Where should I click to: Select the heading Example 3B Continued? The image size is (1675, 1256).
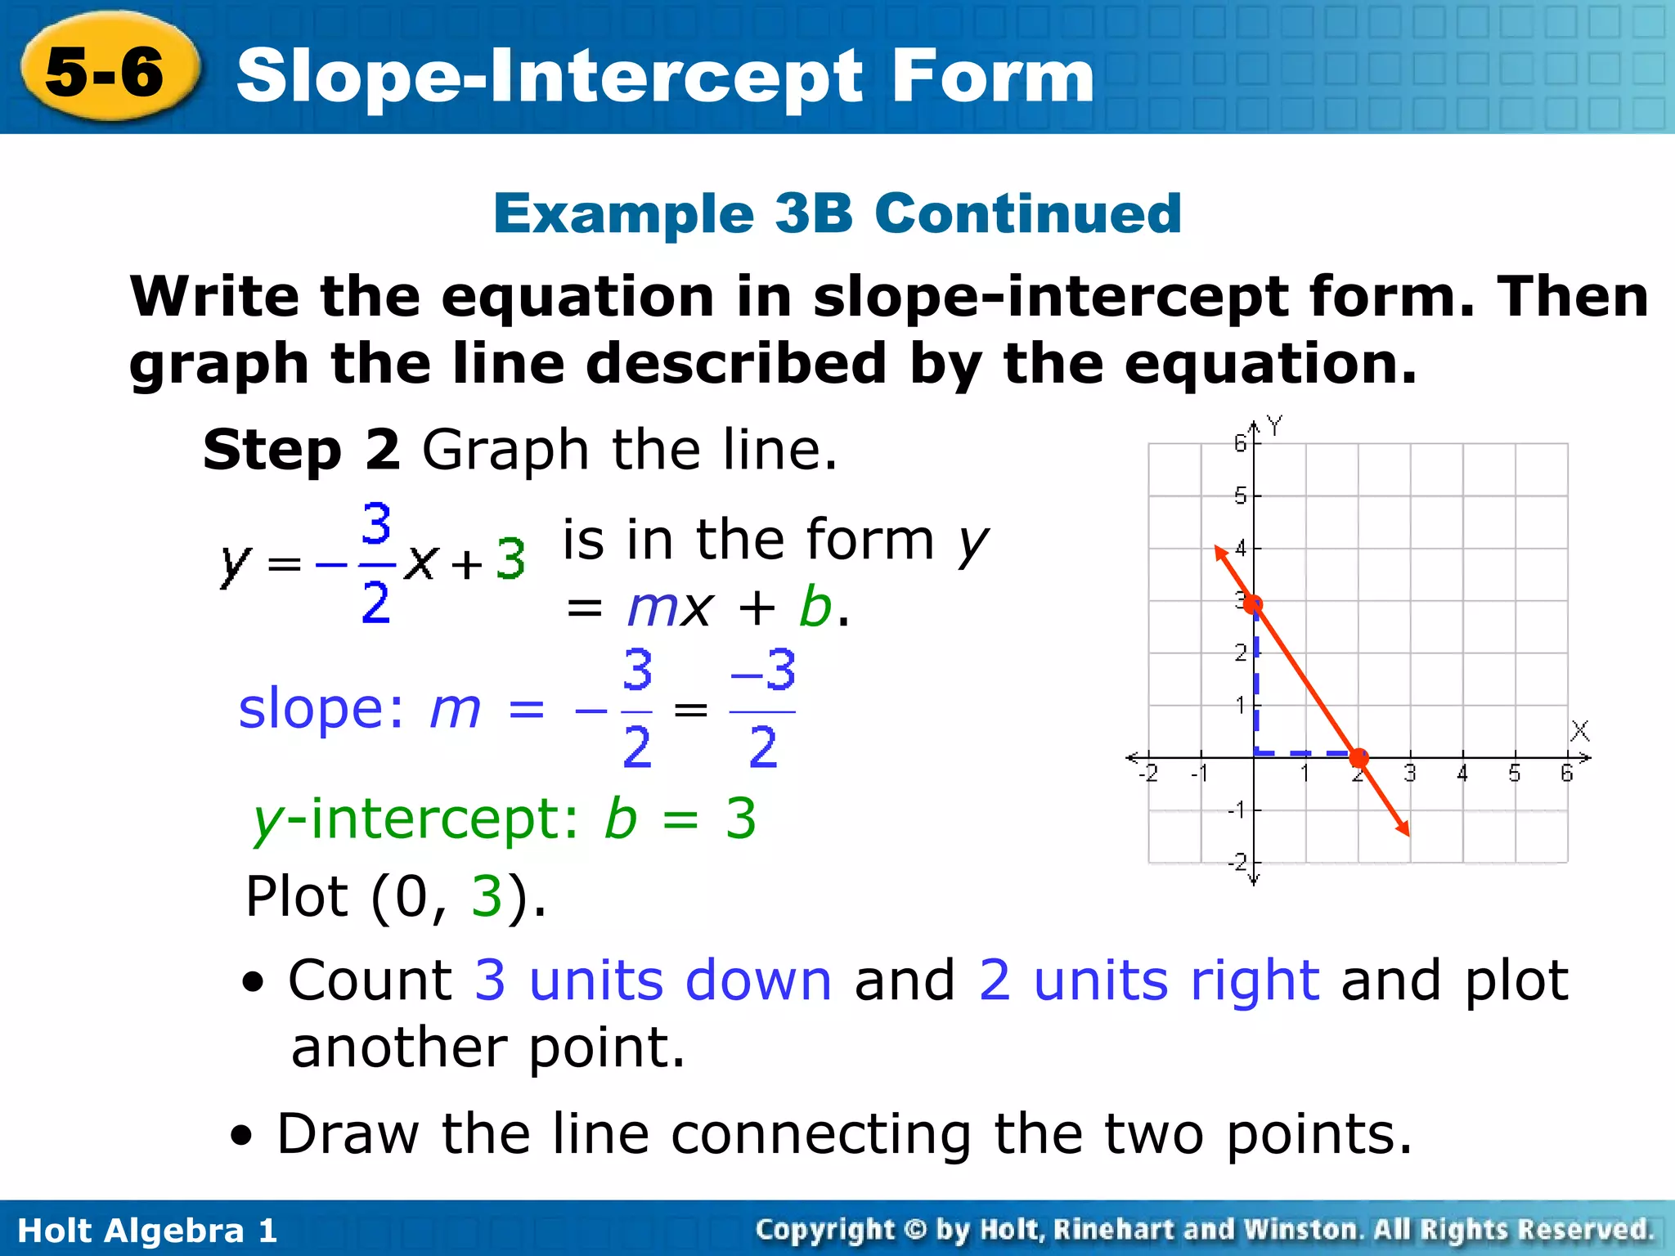click(837, 213)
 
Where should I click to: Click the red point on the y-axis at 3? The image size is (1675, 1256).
click(1253, 604)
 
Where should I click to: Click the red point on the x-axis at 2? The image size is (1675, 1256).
click(1358, 757)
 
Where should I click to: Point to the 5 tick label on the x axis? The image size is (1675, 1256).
click(1515, 774)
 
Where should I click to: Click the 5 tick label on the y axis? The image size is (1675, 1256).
click(1240, 496)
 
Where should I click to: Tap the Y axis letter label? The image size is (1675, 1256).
click(1274, 426)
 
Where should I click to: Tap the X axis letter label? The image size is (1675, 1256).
click(1579, 730)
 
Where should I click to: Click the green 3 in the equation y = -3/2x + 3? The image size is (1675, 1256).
click(510, 561)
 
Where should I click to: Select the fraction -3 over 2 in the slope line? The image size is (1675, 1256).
click(762, 709)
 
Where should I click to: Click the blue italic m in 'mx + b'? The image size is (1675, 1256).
click(652, 608)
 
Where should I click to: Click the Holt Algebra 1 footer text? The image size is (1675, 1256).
click(147, 1230)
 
